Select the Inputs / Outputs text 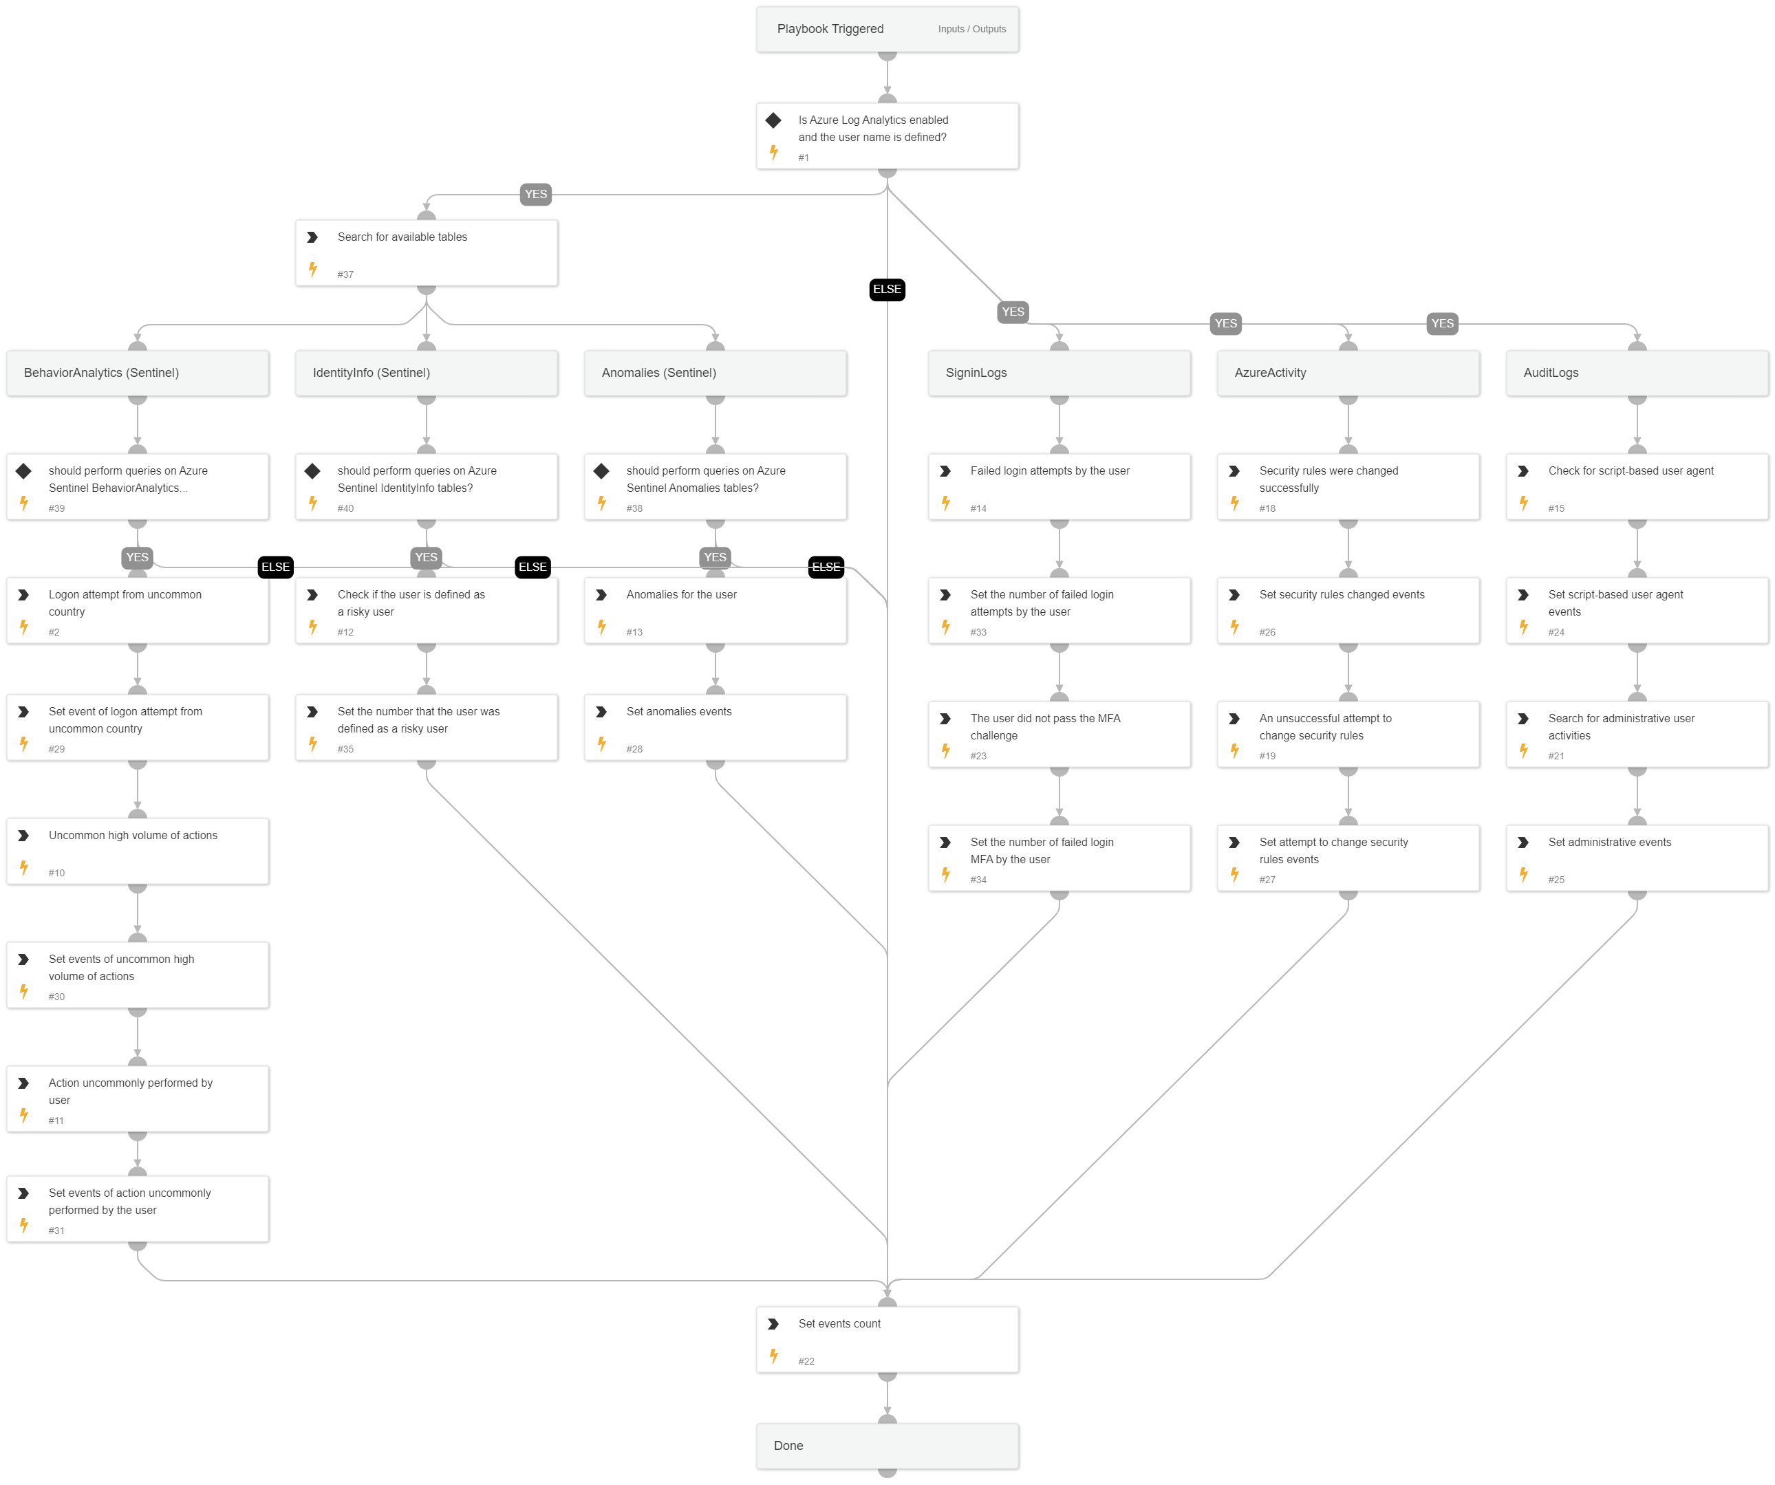click(x=971, y=30)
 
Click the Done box click(x=887, y=1445)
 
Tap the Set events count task click(x=887, y=1340)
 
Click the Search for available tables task click(x=426, y=252)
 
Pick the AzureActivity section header click(x=1348, y=373)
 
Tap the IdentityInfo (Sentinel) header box click(x=426, y=373)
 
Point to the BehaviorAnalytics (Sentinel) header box click(x=138, y=373)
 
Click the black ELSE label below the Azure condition click(x=887, y=290)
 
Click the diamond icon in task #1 click(x=773, y=120)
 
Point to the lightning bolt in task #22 click(x=773, y=1356)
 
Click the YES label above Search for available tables click(x=536, y=195)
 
